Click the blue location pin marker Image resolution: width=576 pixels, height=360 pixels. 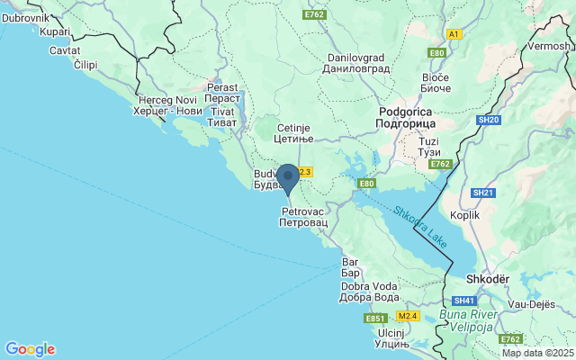click(287, 177)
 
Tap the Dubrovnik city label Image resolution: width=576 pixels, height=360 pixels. click(24, 17)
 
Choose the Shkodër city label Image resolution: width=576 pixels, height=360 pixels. click(486, 279)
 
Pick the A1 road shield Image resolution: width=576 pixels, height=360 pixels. click(454, 33)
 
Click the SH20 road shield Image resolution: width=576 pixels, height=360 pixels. click(489, 119)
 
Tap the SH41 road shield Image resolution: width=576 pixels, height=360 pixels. click(464, 301)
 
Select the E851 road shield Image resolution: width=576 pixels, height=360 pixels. click(375, 319)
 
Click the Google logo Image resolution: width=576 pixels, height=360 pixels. click(30, 349)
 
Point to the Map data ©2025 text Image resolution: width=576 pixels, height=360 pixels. click(537, 353)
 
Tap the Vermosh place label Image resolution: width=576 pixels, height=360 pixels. click(549, 46)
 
